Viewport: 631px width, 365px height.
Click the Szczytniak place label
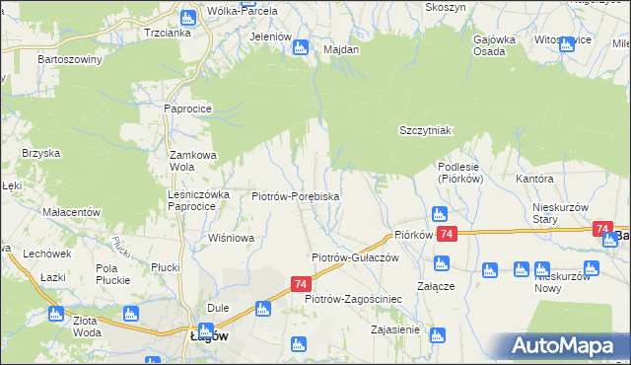click(425, 130)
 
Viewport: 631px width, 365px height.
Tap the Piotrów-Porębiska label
click(296, 197)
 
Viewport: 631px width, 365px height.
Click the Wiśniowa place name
click(232, 238)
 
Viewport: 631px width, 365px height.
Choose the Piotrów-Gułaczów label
click(354, 256)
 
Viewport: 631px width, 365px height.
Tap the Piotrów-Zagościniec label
click(353, 298)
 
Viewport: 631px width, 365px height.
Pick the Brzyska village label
click(41, 153)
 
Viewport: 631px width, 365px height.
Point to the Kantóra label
click(534, 180)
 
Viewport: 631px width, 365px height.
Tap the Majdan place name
click(340, 48)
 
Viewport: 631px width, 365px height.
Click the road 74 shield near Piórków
click(447, 234)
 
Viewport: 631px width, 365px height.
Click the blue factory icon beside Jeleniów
click(302, 46)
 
